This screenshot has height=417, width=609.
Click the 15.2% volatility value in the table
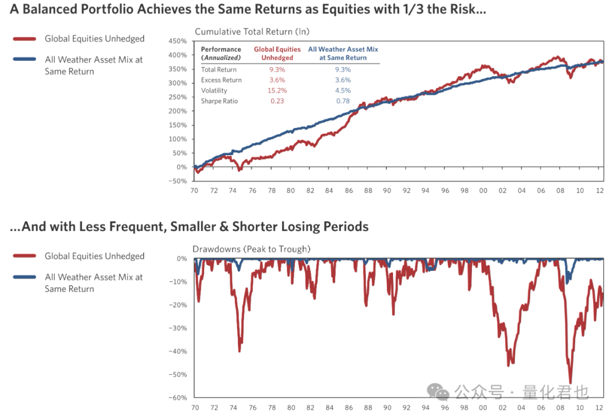277,90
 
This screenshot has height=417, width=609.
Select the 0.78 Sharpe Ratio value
343,101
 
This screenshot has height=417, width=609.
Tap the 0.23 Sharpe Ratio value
277,101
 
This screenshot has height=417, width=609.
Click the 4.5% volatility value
343,90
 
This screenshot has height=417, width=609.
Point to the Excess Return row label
222,80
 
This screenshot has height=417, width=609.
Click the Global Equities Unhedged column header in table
277,54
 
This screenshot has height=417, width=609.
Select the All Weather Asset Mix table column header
343,54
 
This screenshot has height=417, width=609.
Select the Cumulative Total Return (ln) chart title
252,32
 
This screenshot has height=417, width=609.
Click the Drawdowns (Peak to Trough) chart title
251,249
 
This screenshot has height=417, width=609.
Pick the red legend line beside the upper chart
25,39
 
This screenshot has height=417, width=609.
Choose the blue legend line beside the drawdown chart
25,278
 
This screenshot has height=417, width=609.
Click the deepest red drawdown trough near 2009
570,383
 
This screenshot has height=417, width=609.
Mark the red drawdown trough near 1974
240,350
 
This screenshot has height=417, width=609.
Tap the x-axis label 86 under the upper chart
349,191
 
